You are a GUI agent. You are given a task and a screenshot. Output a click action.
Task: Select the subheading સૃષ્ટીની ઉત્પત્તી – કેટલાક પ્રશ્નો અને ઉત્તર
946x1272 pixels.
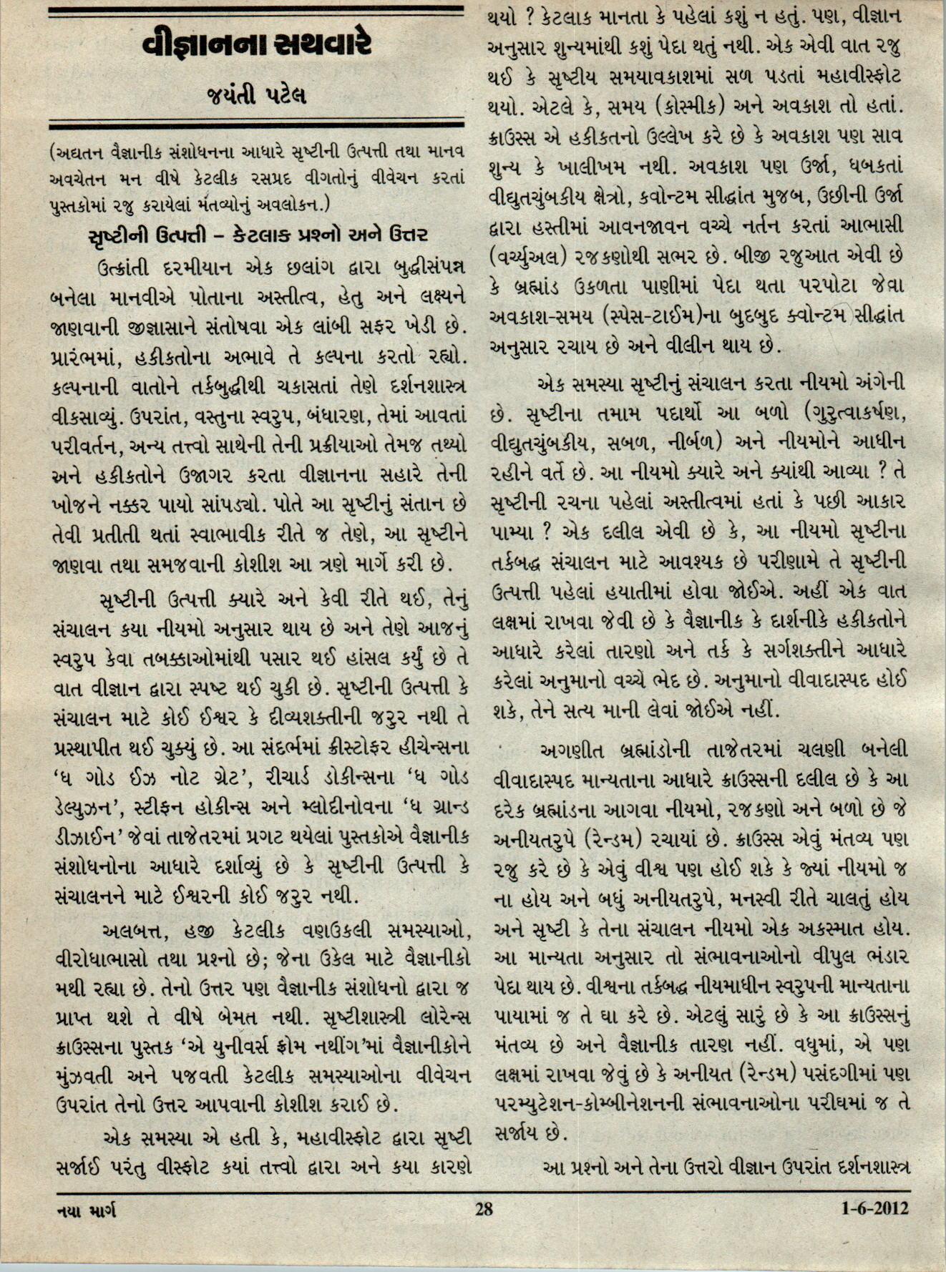point(258,235)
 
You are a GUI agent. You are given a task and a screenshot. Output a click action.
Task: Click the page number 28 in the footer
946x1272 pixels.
point(484,1208)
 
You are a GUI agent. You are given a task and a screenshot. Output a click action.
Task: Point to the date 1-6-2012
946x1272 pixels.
point(874,1208)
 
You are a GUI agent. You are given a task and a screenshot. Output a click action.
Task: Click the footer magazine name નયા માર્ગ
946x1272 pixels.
point(86,1210)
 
